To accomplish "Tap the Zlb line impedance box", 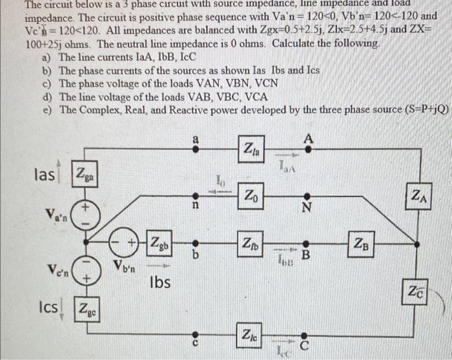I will pyautogui.click(x=251, y=243).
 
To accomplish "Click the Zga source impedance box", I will pyautogui.click(x=86, y=173).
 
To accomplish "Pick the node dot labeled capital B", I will pyautogui.click(x=308, y=243).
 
